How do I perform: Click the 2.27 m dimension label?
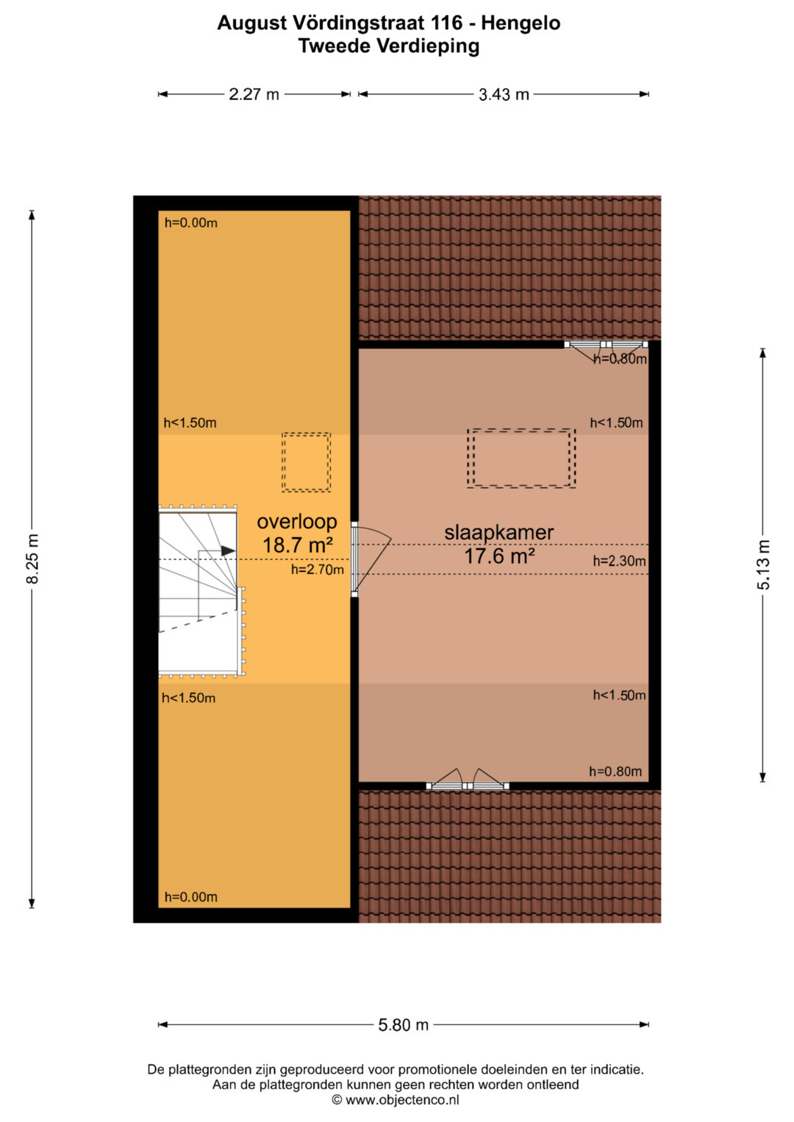click(254, 94)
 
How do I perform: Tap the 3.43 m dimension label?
click(504, 94)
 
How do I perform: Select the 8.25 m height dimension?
click(32, 558)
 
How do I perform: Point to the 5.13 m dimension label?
click(763, 564)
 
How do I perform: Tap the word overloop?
click(297, 522)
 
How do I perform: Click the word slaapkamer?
click(498, 533)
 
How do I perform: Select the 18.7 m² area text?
click(298, 545)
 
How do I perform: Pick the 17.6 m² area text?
click(499, 556)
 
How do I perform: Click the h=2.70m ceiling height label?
click(318, 569)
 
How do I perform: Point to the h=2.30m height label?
click(619, 561)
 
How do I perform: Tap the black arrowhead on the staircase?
click(228, 551)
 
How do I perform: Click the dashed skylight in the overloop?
click(306, 462)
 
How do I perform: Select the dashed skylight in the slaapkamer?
click(521, 458)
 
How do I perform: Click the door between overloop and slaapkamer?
click(354, 558)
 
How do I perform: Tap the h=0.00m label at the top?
click(191, 223)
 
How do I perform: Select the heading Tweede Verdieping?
click(389, 46)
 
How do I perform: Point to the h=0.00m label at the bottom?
click(191, 897)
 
